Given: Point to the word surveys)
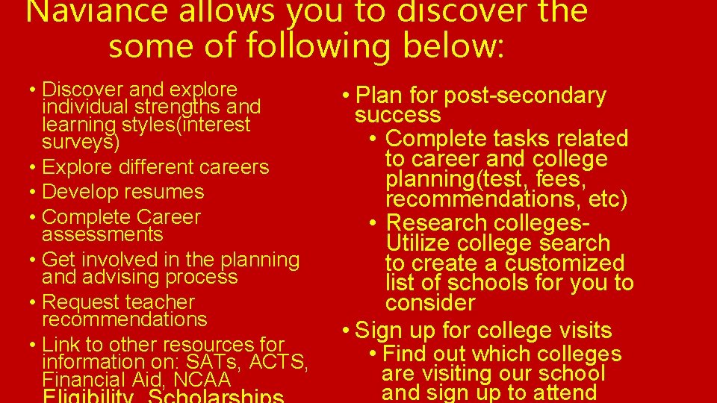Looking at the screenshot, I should tap(81, 141).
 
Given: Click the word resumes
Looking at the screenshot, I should tap(167, 192).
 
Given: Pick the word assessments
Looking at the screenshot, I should tap(102, 234).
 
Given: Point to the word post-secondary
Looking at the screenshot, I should tap(525, 96).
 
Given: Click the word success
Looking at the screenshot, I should tap(398, 115).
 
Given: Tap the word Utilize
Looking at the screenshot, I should tap(419, 243).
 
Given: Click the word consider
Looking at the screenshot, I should tap(430, 303).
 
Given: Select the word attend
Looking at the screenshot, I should tap(561, 392).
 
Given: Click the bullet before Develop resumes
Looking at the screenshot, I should tap(34, 192).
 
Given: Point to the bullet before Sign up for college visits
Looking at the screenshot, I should tap(345, 330).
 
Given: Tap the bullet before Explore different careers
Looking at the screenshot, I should tap(34, 166).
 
